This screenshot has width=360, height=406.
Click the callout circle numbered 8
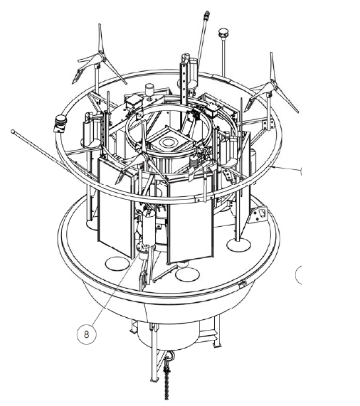click(x=87, y=334)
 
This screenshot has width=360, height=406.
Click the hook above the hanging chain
click(x=169, y=358)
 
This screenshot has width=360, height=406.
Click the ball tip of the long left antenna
click(x=13, y=132)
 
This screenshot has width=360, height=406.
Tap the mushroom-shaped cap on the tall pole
click(x=223, y=33)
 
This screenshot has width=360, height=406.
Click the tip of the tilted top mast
click(x=206, y=14)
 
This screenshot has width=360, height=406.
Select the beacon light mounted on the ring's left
click(x=60, y=123)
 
